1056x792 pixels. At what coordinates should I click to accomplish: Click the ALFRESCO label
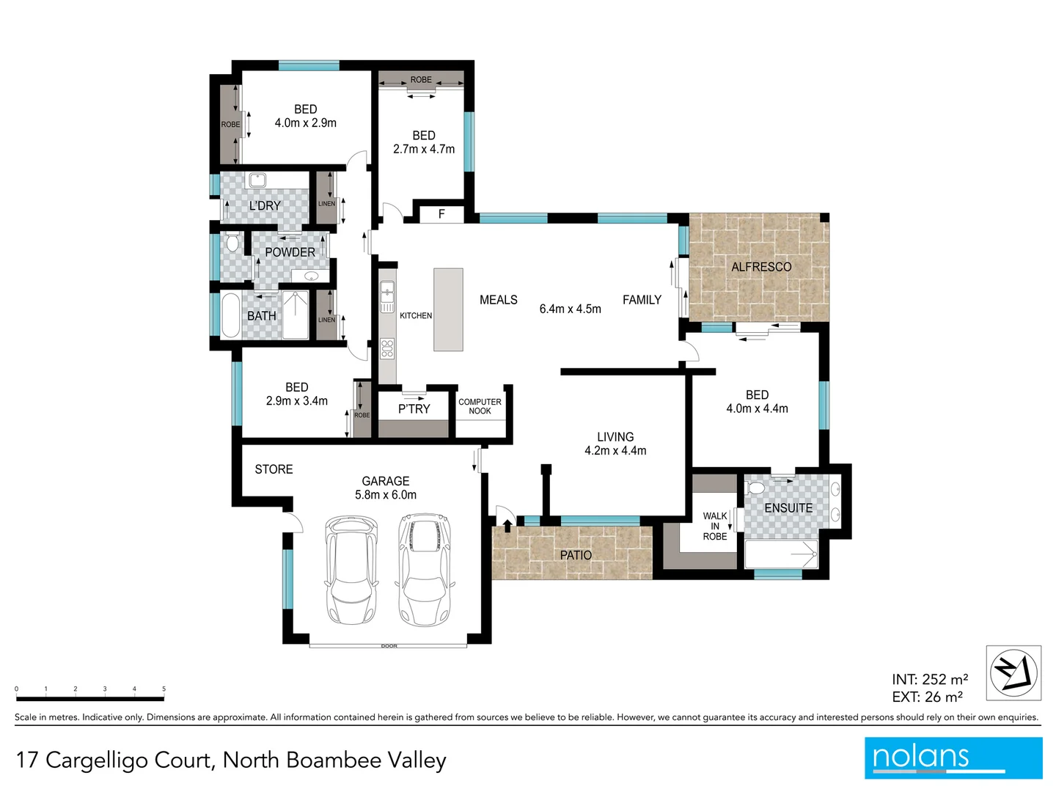tap(761, 267)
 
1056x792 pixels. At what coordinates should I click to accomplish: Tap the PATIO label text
tap(576, 555)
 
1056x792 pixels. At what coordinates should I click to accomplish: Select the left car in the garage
tap(351, 570)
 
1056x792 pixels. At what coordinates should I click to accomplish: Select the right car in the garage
tap(423, 570)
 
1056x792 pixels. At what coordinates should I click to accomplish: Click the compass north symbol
tap(1013, 672)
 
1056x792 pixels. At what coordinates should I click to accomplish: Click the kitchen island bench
tap(448, 309)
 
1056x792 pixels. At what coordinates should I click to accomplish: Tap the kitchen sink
tap(387, 296)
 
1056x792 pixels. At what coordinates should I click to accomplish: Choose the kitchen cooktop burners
tap(387, 348)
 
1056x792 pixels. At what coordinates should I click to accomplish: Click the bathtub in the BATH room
tap(230, 315)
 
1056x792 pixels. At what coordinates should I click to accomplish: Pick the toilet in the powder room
tap(232, 243)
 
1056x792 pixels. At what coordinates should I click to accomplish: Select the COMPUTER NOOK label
tap(480, 406)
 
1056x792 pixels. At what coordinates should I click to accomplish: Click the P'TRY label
tap(414, 409)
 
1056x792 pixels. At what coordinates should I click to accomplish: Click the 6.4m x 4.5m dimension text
tap(570, 309)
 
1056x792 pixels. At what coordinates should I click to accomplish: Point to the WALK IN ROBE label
tap(714, 527)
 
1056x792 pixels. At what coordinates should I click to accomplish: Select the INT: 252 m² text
tap(929, 680)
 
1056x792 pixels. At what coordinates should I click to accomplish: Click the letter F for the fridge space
tap(441, 214)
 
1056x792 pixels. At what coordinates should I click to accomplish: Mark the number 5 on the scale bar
tap(164, 689)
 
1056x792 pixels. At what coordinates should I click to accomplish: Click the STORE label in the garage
tap(274, 469)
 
